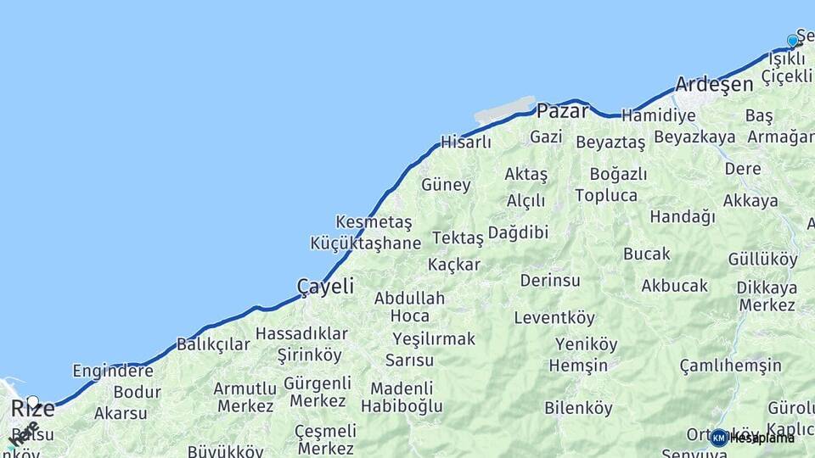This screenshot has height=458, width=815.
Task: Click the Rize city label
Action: click(x=33, y=409)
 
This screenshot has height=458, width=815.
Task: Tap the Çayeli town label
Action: click(x=325, y=287)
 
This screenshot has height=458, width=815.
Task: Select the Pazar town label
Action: click(x=561, y=110)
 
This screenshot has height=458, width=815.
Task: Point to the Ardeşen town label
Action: click(x=714, y=84)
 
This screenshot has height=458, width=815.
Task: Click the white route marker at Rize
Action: click(x=32, y=401)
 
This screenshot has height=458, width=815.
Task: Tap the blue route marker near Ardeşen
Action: click(x=793, y=41)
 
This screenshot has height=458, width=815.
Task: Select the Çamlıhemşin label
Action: click(x=730, y=366)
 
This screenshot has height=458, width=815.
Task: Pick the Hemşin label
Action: click(x=578, y=366)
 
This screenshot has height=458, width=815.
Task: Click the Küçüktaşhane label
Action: click(x=365, y=243)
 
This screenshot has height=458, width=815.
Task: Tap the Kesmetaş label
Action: click(x=374, y=222)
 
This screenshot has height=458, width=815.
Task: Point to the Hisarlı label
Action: click(x=465, y=142)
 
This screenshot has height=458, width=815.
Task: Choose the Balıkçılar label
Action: click(x=213, y=344)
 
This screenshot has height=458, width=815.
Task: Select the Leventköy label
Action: click(x=554, y=318)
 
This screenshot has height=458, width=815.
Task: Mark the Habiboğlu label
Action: click(x=402, y=406)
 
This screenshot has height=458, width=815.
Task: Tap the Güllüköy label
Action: click(x=762, y=260)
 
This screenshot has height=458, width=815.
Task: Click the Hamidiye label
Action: click(x=659, y=115)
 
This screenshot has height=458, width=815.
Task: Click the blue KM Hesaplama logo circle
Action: click(x=719, y=438)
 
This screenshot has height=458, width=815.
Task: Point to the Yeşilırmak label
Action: click(x=434, y=339)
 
